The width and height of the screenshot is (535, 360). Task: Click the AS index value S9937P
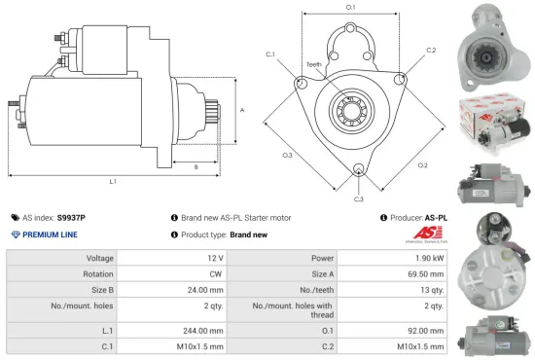[71, 218]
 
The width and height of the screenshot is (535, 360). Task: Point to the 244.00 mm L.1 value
[204, 330]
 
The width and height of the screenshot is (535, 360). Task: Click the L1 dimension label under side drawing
[113, 181]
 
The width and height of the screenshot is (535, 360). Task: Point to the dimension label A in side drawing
[241, 110]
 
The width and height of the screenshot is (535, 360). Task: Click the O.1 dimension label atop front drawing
[350, 7]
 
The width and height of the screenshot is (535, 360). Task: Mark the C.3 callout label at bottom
[359, 199]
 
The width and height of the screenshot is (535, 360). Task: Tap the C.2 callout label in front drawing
[431, 49]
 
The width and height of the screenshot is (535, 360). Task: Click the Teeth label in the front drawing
[313, 65]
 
